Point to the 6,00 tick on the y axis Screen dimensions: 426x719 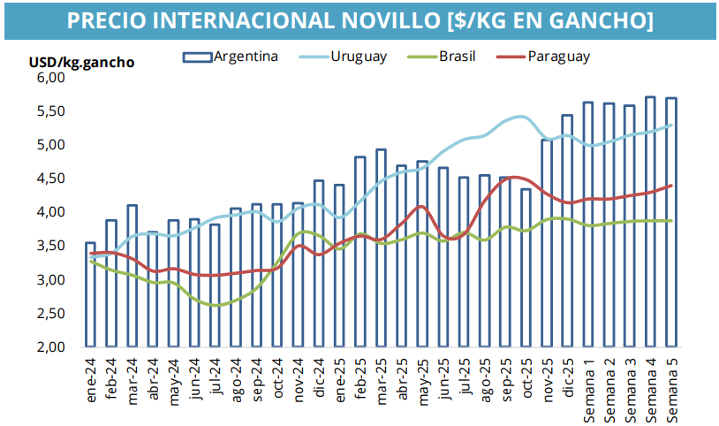click(51, 78)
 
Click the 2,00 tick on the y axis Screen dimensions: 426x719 click(51, 347)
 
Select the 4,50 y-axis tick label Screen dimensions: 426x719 click(51, 179)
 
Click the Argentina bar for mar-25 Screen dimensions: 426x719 click(382, 247)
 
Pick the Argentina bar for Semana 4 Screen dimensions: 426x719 click(651, 221)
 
